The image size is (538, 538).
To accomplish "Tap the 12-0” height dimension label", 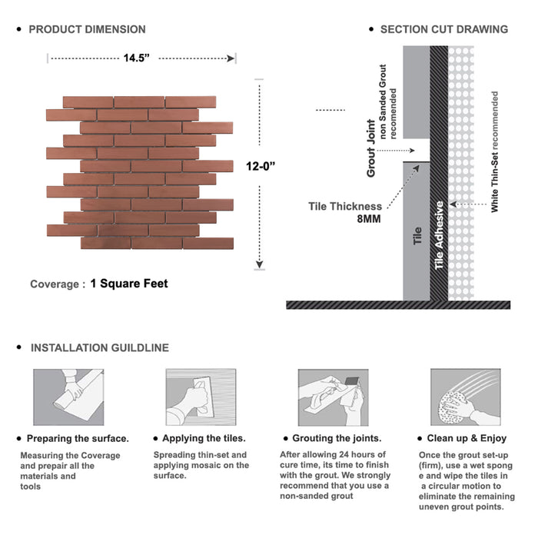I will click(260, 164).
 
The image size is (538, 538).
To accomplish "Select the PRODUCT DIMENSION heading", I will click(87, 29).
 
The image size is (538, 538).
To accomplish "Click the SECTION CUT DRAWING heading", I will click(443, 29).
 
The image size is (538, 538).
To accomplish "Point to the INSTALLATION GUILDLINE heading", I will click(99, 347).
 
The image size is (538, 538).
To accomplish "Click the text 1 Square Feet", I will click(128, 284).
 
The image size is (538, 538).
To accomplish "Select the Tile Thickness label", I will click(345, 206).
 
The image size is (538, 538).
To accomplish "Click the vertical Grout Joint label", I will click(371, 148).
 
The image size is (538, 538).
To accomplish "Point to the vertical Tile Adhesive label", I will click(440, 235).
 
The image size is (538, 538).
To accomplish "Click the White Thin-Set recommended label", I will click(495, 151).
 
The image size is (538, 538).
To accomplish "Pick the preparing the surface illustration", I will click(68, 397).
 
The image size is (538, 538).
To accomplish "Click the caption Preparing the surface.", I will click(78, 439).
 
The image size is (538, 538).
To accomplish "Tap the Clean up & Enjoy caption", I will click(467, 439).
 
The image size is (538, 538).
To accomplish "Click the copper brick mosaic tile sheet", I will click(139, 172).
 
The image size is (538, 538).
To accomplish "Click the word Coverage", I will click(55, 284).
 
